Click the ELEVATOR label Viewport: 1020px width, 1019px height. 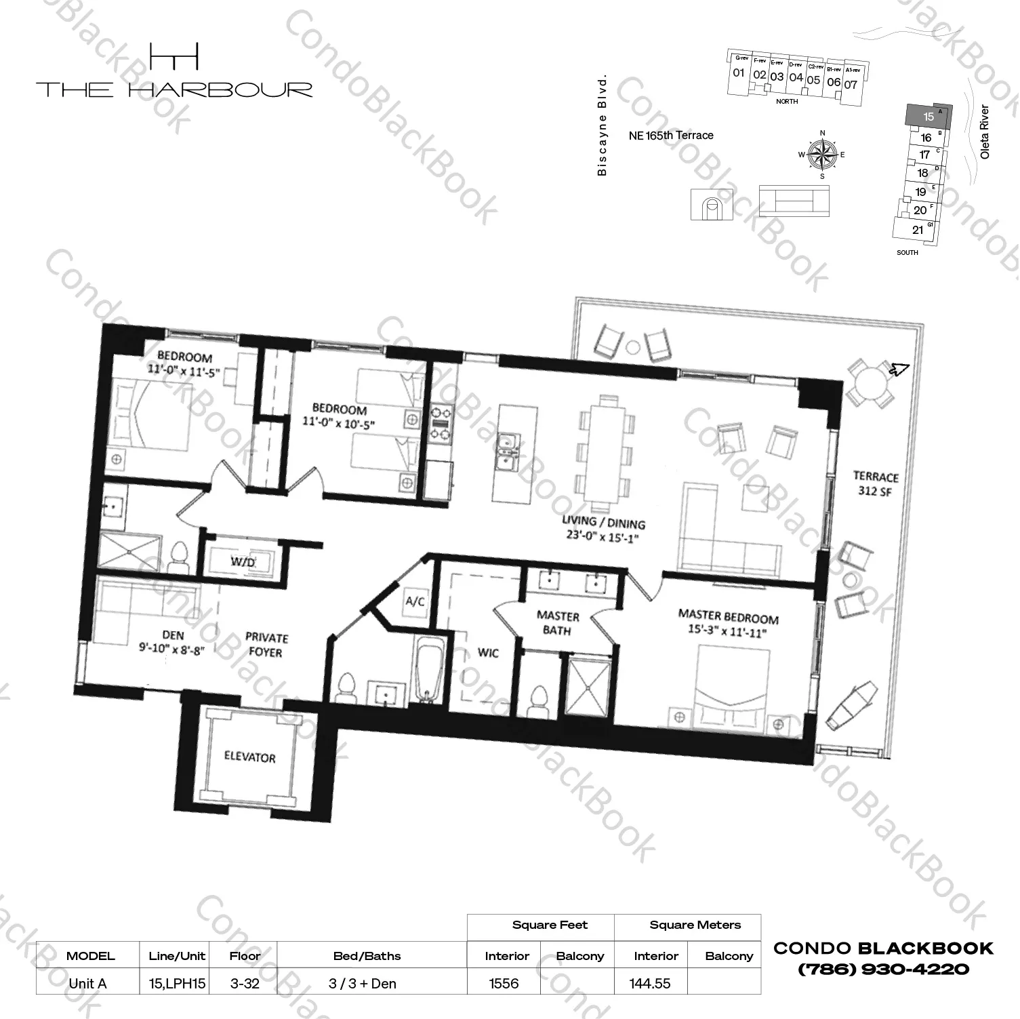coord(249,757)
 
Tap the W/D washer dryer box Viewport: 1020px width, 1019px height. coord(242,561)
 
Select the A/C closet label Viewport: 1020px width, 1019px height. coord(415,601)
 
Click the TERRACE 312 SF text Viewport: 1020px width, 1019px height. coord(875,483)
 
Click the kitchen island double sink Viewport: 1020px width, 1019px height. coord(507,452)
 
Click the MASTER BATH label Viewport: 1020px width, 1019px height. coord(558,623)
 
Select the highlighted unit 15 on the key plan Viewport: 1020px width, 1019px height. coord(928,116)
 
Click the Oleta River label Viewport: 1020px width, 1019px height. coord(985,132)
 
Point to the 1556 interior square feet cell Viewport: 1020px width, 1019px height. coord(504,983)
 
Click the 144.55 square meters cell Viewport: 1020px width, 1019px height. coord(649,983)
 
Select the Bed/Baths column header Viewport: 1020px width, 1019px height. coord(367,956)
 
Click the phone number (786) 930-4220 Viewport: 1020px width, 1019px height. coord(884,969)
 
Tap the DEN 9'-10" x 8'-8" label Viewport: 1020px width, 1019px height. coord(172,642)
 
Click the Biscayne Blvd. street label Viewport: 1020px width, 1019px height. coord(602,126)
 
